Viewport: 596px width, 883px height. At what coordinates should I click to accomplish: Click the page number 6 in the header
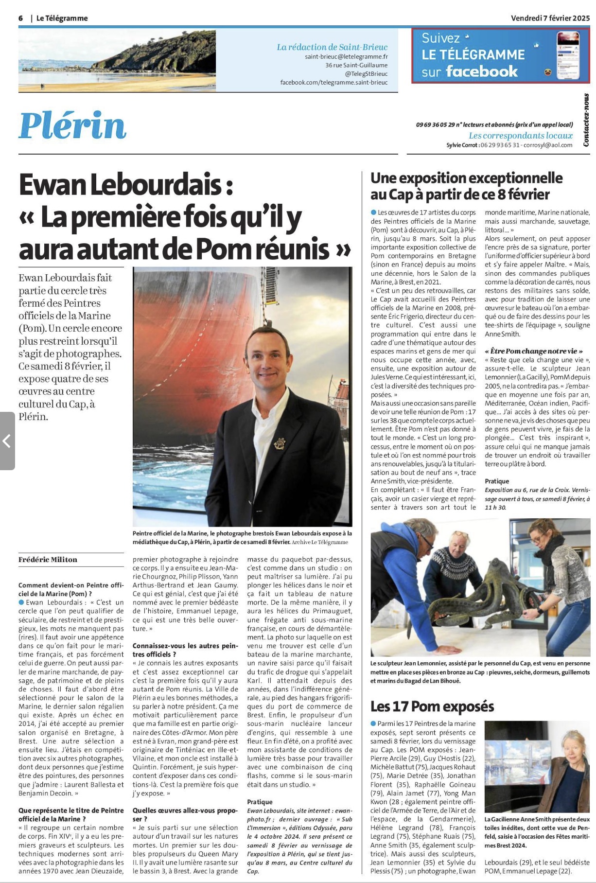21,18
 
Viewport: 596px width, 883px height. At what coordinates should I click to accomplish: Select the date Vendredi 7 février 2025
550,18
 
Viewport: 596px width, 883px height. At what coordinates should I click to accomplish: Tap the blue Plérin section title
72,125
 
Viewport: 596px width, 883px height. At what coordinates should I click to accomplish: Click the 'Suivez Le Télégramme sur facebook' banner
500,55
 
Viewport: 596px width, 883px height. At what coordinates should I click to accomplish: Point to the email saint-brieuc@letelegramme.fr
346,56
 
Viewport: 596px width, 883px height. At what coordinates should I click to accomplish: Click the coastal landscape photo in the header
117,61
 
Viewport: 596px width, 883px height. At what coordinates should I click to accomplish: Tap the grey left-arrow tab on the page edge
7,441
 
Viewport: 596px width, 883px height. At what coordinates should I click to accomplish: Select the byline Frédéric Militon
48,560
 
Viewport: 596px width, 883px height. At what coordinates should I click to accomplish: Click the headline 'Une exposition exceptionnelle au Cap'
466,186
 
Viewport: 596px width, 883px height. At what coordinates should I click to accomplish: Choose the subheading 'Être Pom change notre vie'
533,351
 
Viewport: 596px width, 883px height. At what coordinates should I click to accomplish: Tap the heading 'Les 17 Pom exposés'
432,706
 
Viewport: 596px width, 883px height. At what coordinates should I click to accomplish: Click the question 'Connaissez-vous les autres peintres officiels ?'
185,650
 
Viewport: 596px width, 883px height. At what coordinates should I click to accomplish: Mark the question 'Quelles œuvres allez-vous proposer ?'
185,814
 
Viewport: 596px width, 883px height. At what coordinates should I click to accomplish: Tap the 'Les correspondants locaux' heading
520,136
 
